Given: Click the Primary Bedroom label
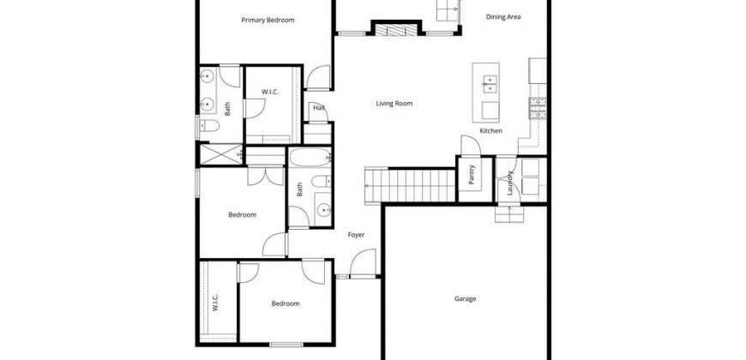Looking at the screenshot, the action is [268, 20].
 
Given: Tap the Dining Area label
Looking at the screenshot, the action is [502, 16].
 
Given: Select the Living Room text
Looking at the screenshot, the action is [394, 103].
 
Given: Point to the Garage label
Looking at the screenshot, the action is [465, 298].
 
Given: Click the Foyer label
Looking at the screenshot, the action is [356, 235].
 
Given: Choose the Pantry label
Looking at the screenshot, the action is [472, 175].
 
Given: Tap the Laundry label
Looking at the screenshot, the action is [510, 182].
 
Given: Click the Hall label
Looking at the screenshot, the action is [319, 108].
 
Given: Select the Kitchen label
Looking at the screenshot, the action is [490, 131].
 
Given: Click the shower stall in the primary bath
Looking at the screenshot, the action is [221, 154].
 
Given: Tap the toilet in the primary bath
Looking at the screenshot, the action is [208, 126].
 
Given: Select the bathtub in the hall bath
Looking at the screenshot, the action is [310, 157].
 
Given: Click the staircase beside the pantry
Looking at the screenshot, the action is [411, 186].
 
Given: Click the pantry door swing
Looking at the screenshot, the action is [471, 146].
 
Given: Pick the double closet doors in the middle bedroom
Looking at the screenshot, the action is [266, 176].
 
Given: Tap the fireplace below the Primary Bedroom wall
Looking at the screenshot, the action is [396, 29].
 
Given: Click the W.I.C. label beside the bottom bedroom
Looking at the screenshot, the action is [215, 303].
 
